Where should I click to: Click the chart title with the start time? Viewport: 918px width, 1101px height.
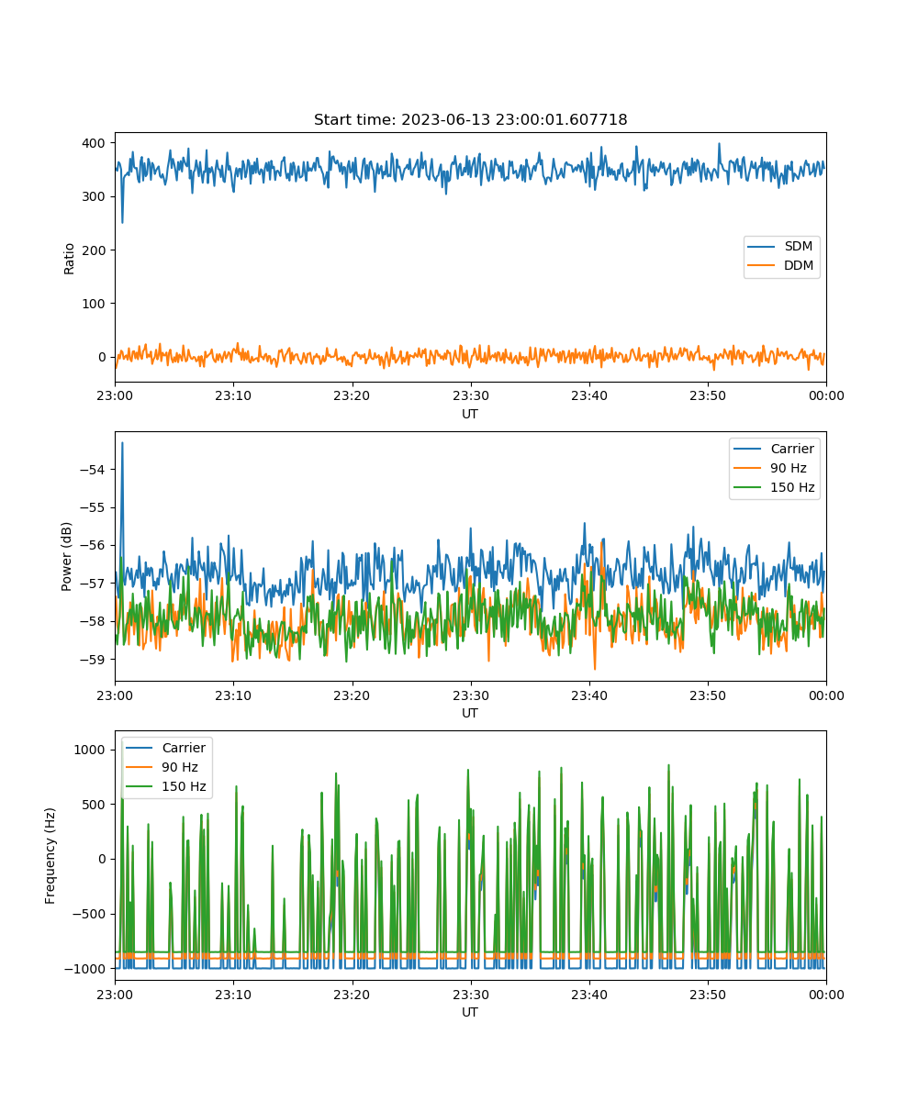tap(470, 119)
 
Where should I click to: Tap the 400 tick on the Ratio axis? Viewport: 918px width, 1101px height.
tap(94, 143)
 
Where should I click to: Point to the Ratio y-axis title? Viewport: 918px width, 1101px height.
tap(69, 259)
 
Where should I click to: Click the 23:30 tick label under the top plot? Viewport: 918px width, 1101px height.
tap(471, 395)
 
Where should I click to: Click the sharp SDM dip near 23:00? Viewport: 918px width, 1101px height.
tap(122, 222)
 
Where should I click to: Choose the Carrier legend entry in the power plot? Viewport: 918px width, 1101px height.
tap(774, 449)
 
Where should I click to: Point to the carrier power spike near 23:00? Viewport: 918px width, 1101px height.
tap(122, 443)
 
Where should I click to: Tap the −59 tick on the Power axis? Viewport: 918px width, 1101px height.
tap(93, 659)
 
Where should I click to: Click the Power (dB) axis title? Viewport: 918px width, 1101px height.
tap(66, 556)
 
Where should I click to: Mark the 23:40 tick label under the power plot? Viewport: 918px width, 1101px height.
tap(589, 695)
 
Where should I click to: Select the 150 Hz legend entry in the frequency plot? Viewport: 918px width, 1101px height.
tap(165, 786)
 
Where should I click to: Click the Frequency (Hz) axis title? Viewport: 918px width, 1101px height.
tap(50, 856)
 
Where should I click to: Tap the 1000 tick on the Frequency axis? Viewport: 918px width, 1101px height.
tap(90, 750)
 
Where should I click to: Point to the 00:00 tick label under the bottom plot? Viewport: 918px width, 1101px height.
tap(826, 995)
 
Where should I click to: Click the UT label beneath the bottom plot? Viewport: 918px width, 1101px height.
tap(469, 1012)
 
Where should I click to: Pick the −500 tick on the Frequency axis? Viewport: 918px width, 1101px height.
tap(89, 914)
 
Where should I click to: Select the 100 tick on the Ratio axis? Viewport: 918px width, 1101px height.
tap(94, 304)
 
